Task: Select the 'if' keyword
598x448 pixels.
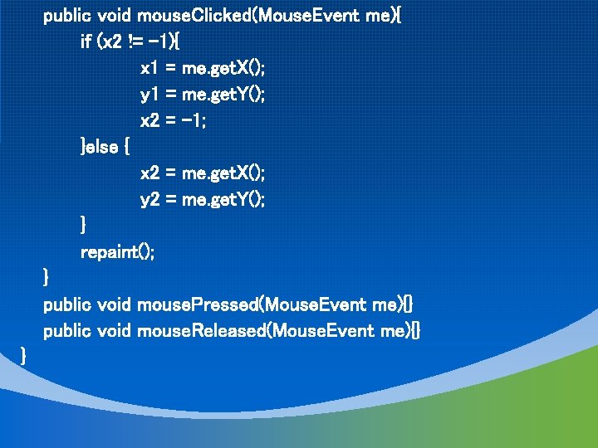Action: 86,41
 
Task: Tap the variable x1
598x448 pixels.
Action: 149,68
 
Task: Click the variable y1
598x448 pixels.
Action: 149,95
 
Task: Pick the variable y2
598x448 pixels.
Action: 150,200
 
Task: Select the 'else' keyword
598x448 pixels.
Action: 102,147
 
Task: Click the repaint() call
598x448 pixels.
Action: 117,252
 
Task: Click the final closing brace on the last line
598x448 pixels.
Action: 24,357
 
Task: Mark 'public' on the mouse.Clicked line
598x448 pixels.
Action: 67,15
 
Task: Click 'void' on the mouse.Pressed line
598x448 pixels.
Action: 115,305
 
